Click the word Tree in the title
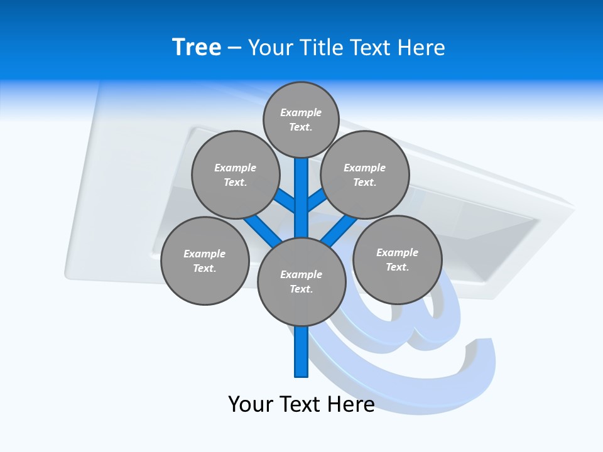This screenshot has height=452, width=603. pos(197,47)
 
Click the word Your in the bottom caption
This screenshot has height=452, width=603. pos(251,404)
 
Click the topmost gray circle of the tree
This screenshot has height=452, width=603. pos(301,119)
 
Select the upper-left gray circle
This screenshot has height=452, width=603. pos(235,175)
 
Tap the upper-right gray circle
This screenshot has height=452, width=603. pos(365,175)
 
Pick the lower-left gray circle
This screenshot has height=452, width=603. pos(205,261)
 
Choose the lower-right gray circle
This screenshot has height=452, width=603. pos(397,259)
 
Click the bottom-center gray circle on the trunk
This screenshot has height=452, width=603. pos(301,281)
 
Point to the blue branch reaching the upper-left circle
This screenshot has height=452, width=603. pos(286,201)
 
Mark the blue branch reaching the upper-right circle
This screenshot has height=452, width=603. pos(317,201)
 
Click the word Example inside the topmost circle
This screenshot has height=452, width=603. pos(301,112)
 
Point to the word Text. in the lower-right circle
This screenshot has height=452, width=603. pos(397,267)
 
